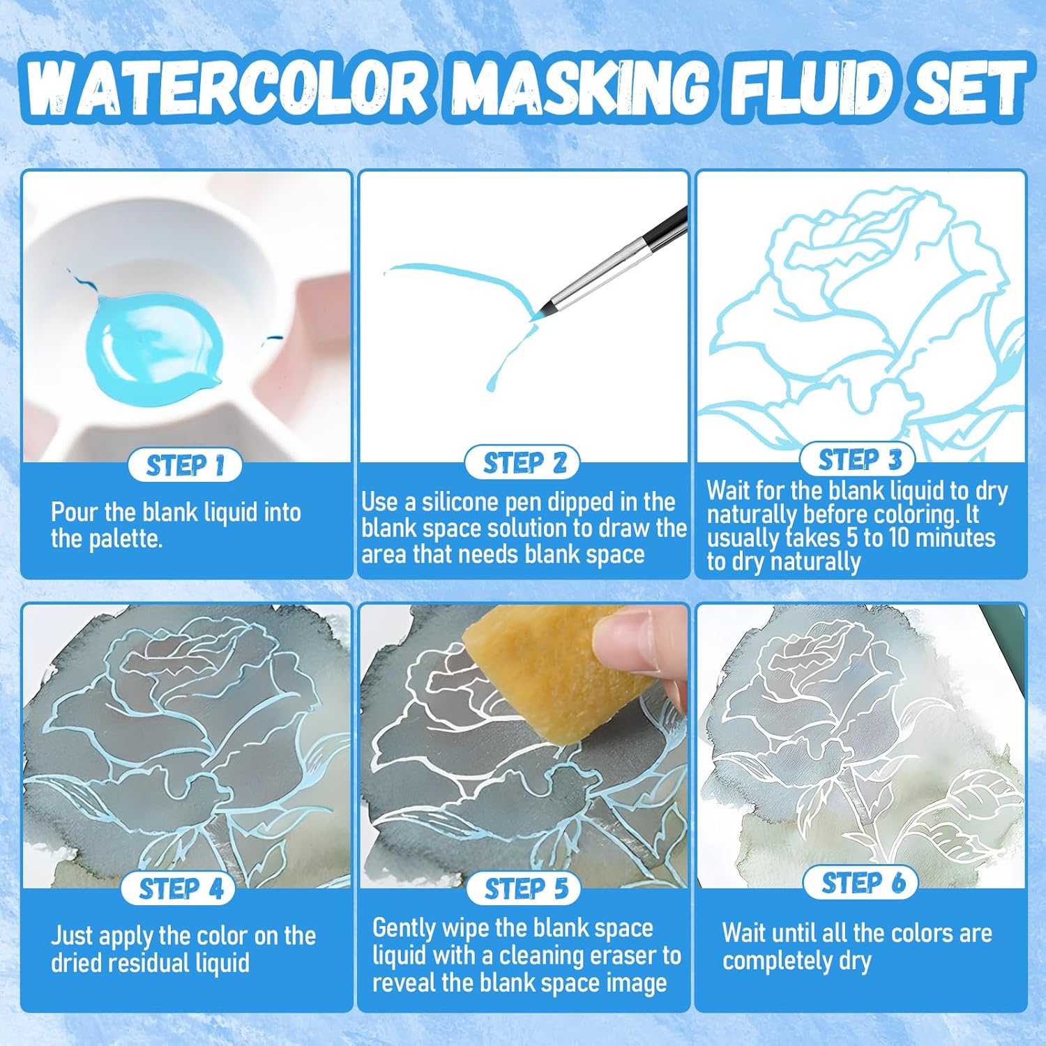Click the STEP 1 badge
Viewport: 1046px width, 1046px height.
pos(185,466)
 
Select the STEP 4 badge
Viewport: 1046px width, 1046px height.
pos(181,888)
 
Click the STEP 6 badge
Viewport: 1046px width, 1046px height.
pos(861,883)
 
